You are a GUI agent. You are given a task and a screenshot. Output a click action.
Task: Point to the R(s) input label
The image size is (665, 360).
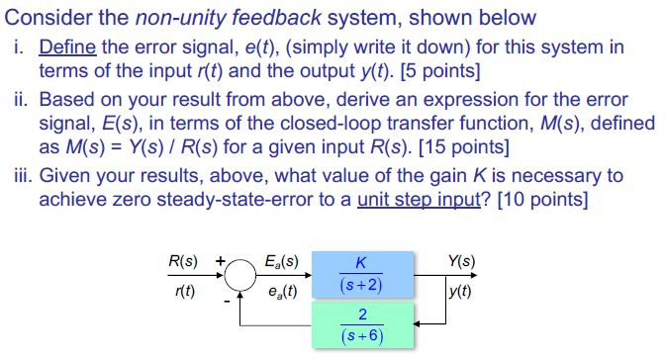182,262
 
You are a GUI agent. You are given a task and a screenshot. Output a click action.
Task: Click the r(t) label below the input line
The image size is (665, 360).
183,292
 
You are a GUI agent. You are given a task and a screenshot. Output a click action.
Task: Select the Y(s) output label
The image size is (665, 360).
461,262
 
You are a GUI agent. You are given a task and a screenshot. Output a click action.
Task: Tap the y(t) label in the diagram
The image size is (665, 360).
459,292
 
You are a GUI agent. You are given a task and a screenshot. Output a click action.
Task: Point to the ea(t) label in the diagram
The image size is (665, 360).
282,292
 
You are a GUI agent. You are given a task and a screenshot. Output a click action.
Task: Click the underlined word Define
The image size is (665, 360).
67,46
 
